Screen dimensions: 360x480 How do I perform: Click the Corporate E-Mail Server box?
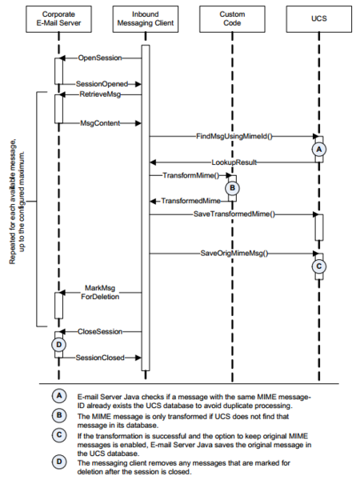click(58, 19)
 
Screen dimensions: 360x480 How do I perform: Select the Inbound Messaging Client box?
click(146, 19)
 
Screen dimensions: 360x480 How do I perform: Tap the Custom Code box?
click(232, 19)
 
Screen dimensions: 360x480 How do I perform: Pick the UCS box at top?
click(319, 19)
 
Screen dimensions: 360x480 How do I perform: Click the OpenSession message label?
click(100, 58)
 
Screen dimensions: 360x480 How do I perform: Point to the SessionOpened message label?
click(102, 84)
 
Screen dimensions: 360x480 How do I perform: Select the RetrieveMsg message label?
click(100, 94)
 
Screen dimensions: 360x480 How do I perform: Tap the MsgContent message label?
click(100, 123)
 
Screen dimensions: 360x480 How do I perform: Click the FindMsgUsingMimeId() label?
click(234, 136)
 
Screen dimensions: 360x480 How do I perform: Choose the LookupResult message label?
click(234, 162)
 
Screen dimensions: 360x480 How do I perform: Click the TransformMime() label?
click(191, 175)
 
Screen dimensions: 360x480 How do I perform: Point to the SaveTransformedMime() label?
click(234, 214)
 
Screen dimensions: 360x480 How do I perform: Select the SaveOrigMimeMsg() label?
click(234, 253)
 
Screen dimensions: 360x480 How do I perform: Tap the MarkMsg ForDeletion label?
click(100, 292)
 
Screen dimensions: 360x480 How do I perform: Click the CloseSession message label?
click(100, 331)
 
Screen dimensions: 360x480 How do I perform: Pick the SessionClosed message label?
click(100, 358)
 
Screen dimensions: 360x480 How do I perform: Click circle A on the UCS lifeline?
click(319, 150)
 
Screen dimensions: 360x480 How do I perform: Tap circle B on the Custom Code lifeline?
click(232, 188)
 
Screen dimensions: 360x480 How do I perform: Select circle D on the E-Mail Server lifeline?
click(58, 345)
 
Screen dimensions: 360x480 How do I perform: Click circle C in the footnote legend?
click(58, 435)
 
